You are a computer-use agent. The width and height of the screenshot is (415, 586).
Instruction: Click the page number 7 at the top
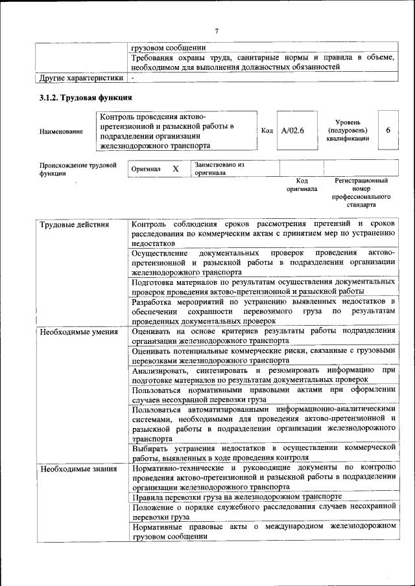[217, 31]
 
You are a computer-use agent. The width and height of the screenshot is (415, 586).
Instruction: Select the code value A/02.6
[293, 130]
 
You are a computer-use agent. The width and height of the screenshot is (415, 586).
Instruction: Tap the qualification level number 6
[388, 130]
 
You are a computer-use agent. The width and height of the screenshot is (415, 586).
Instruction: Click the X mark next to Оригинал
[175, 169]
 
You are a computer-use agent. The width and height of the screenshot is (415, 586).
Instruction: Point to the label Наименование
[61, 131]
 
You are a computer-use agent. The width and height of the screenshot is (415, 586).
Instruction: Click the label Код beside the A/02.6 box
[267, 131]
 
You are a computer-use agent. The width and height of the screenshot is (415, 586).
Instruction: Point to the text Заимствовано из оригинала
[219, 169]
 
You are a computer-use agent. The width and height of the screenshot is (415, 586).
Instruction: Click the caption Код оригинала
[302, 185]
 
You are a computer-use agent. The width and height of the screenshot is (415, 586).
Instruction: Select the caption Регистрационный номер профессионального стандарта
[361, 192]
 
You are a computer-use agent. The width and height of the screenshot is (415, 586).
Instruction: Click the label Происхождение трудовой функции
[78, 169]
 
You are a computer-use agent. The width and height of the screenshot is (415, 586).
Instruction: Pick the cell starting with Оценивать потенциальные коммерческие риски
[263, 355]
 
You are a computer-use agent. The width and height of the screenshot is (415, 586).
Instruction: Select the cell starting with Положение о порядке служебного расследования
[263, 513]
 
